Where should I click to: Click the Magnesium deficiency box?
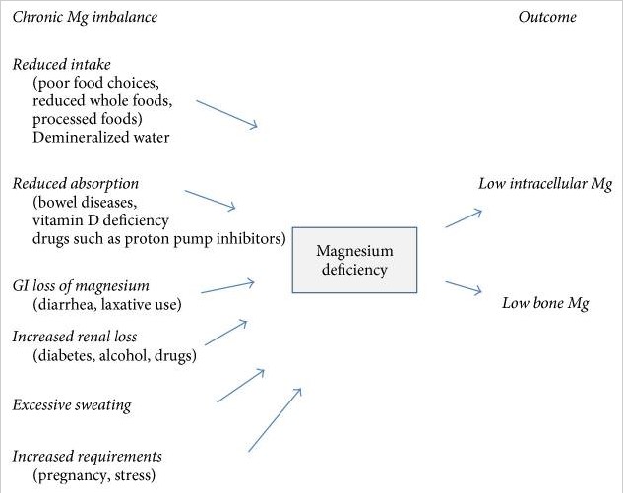tap(355, 260)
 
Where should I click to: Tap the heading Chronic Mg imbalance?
tap(85, 17)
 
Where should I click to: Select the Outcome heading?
tap(547, 17)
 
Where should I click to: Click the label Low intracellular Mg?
tap(545, 184)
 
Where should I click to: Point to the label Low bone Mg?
tap(545, 303)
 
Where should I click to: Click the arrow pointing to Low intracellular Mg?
tap(464, 217)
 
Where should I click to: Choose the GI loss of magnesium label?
tap(81, 286)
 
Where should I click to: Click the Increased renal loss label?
tap(75, 338)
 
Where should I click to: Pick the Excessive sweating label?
tap(71, 405)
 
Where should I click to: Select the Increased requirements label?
tap(87, 457)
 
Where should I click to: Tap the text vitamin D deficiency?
tap(100, 219)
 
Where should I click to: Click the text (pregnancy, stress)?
tap(93, 475)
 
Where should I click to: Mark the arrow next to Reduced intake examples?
tap(226, 113)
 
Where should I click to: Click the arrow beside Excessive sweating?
tap(241, 385)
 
